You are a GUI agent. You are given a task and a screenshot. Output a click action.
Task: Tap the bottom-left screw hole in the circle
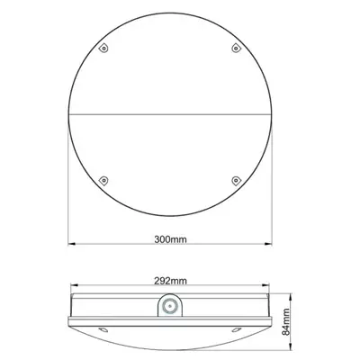(x=103, y=178)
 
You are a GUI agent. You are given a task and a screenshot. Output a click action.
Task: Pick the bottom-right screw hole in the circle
(x=238, y=178)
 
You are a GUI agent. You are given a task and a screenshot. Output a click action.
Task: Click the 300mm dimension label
(x=170, y=241)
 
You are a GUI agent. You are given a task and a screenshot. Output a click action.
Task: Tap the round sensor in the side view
(x=169, y=308)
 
